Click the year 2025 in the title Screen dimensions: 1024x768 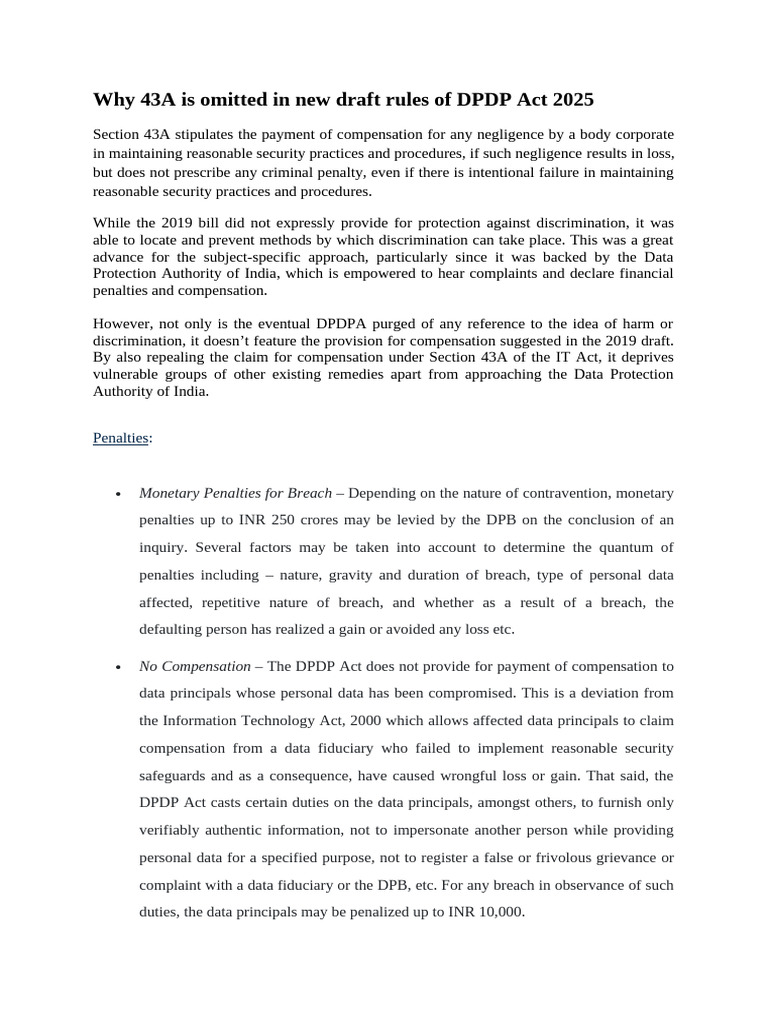tap(568, 99)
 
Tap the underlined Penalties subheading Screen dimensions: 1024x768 tap(120, 438)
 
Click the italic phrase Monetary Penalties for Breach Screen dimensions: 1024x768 tap(235, 493)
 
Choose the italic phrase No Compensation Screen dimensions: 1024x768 tap(195, 666)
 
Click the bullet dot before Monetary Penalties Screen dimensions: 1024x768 tap(119, 494)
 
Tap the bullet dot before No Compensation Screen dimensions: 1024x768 tap(119, 667)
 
